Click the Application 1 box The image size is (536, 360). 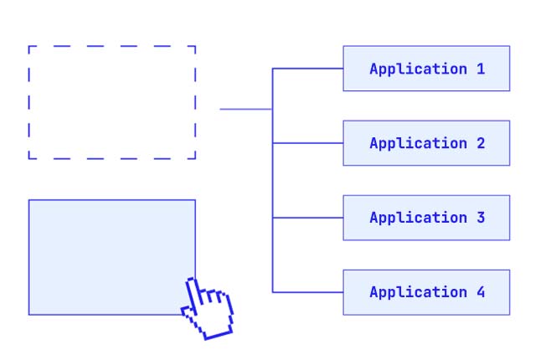coord(426,69)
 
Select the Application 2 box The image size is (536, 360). coord(426,143)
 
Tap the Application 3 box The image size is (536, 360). coord(426,218)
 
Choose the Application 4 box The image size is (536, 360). coord(426,292)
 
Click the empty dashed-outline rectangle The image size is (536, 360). coord(112,102)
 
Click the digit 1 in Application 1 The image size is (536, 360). coord(481,69)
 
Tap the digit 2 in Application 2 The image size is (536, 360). coord(481,143)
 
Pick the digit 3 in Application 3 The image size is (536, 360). coord(481,218)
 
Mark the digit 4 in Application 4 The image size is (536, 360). coord(481,292)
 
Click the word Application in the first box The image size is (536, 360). coord(418,69)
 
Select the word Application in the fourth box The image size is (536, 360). coord(418,292)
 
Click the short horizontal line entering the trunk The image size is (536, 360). coord(245,109)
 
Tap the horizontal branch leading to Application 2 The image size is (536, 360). coord(307,143)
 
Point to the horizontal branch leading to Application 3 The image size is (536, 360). coord(307,218)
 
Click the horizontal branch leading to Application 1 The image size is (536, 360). coord(307,69)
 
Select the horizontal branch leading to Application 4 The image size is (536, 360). coord(307,292)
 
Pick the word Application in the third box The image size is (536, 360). coord(418,218)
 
